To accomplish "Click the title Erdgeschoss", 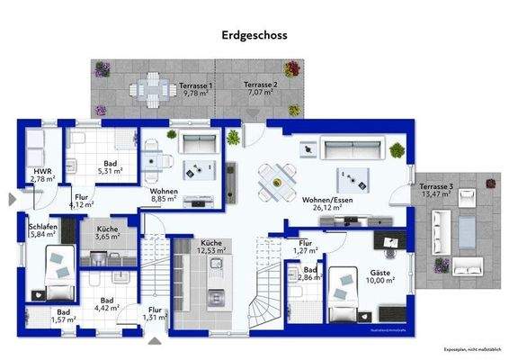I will tap(254, 37).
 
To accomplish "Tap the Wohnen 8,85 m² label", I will tap(165, 195).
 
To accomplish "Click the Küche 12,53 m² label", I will tap(211, 247).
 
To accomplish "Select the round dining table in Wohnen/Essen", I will tap(276, 182).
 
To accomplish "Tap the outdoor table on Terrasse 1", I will tap(147, 89).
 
